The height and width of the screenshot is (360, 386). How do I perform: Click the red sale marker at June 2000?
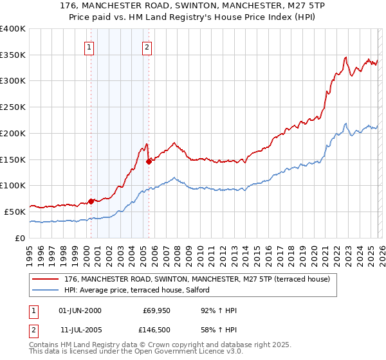click(91, 201)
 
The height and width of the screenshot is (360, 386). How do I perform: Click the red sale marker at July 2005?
click(149, 161)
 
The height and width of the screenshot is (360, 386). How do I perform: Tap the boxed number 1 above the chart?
click(88, 46)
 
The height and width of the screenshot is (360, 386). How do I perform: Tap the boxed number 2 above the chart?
click(147, 46)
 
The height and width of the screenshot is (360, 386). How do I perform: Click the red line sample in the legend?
click(46, 279)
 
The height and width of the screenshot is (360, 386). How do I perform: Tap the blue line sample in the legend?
click(46, 290)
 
